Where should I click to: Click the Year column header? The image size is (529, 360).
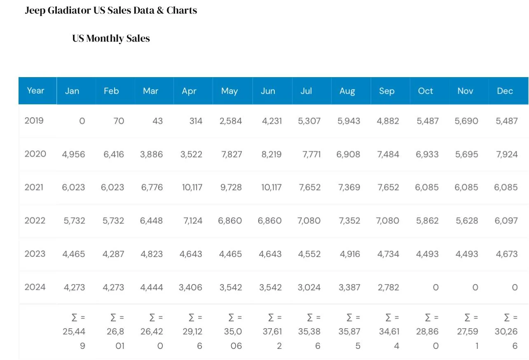click(35, 91)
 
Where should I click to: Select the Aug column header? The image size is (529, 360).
click(347, 91)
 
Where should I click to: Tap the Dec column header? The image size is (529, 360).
click(505, 91)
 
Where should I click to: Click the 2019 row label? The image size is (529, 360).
click(34, 120)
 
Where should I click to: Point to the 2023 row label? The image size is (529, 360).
click(35, 254)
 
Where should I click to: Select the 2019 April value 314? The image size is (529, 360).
click(196, 121)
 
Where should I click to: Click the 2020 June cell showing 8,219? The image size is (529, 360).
click(272, 154)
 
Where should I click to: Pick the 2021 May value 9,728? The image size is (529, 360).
click(231, 187)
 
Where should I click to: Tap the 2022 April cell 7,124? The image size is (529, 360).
click(193, 221)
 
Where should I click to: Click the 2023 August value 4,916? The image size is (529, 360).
click(350, 254)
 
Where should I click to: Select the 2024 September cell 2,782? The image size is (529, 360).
click(388, 287)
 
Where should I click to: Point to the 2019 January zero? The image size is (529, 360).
click(82, 121)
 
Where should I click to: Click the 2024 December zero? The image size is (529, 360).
click(515, 287)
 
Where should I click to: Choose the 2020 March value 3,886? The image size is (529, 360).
click(151, 154)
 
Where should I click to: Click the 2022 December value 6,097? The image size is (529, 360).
click(506, 221)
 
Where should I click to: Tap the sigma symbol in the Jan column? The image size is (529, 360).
click(75, 318)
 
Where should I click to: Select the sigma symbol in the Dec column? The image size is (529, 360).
click(507, 318)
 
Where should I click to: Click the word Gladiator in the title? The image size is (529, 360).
click(69, 10)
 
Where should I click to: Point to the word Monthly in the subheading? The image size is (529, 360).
click(105, 38)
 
